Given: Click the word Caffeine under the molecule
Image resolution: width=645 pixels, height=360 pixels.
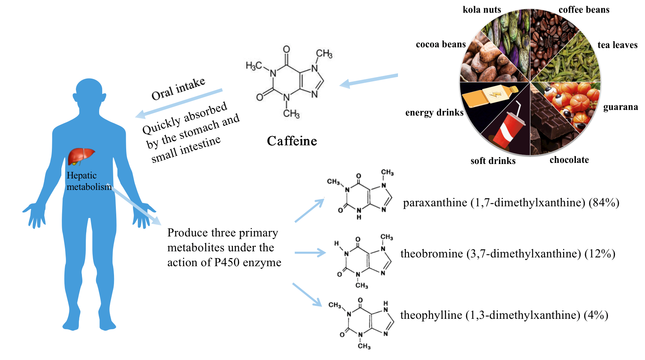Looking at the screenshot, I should (292, 141).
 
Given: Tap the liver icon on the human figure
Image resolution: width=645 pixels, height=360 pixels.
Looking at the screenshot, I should (81, 156).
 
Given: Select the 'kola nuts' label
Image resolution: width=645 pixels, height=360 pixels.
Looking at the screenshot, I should (482, 10).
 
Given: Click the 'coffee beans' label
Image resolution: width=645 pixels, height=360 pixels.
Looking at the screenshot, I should (584, 10).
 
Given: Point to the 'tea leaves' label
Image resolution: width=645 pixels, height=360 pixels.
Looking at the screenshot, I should (617, 45).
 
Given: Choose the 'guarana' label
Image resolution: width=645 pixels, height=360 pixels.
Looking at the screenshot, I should (620, 107).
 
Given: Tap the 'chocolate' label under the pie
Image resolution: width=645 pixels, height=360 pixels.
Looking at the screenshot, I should (569, 160).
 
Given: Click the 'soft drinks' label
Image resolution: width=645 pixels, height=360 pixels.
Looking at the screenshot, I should (493, 161).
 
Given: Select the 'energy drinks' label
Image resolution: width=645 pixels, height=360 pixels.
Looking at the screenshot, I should (434, 112).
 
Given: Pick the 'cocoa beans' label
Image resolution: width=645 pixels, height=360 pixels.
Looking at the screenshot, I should (441, 45).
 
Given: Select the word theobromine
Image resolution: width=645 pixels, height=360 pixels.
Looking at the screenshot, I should (432, 254).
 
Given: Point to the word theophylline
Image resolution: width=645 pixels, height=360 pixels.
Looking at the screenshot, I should (431, 315).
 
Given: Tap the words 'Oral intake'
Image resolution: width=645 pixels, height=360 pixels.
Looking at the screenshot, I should (178, 88).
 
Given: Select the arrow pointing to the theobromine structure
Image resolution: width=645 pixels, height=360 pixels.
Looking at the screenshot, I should (310, 252).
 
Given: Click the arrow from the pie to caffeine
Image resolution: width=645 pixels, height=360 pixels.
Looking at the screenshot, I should (368, 80).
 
